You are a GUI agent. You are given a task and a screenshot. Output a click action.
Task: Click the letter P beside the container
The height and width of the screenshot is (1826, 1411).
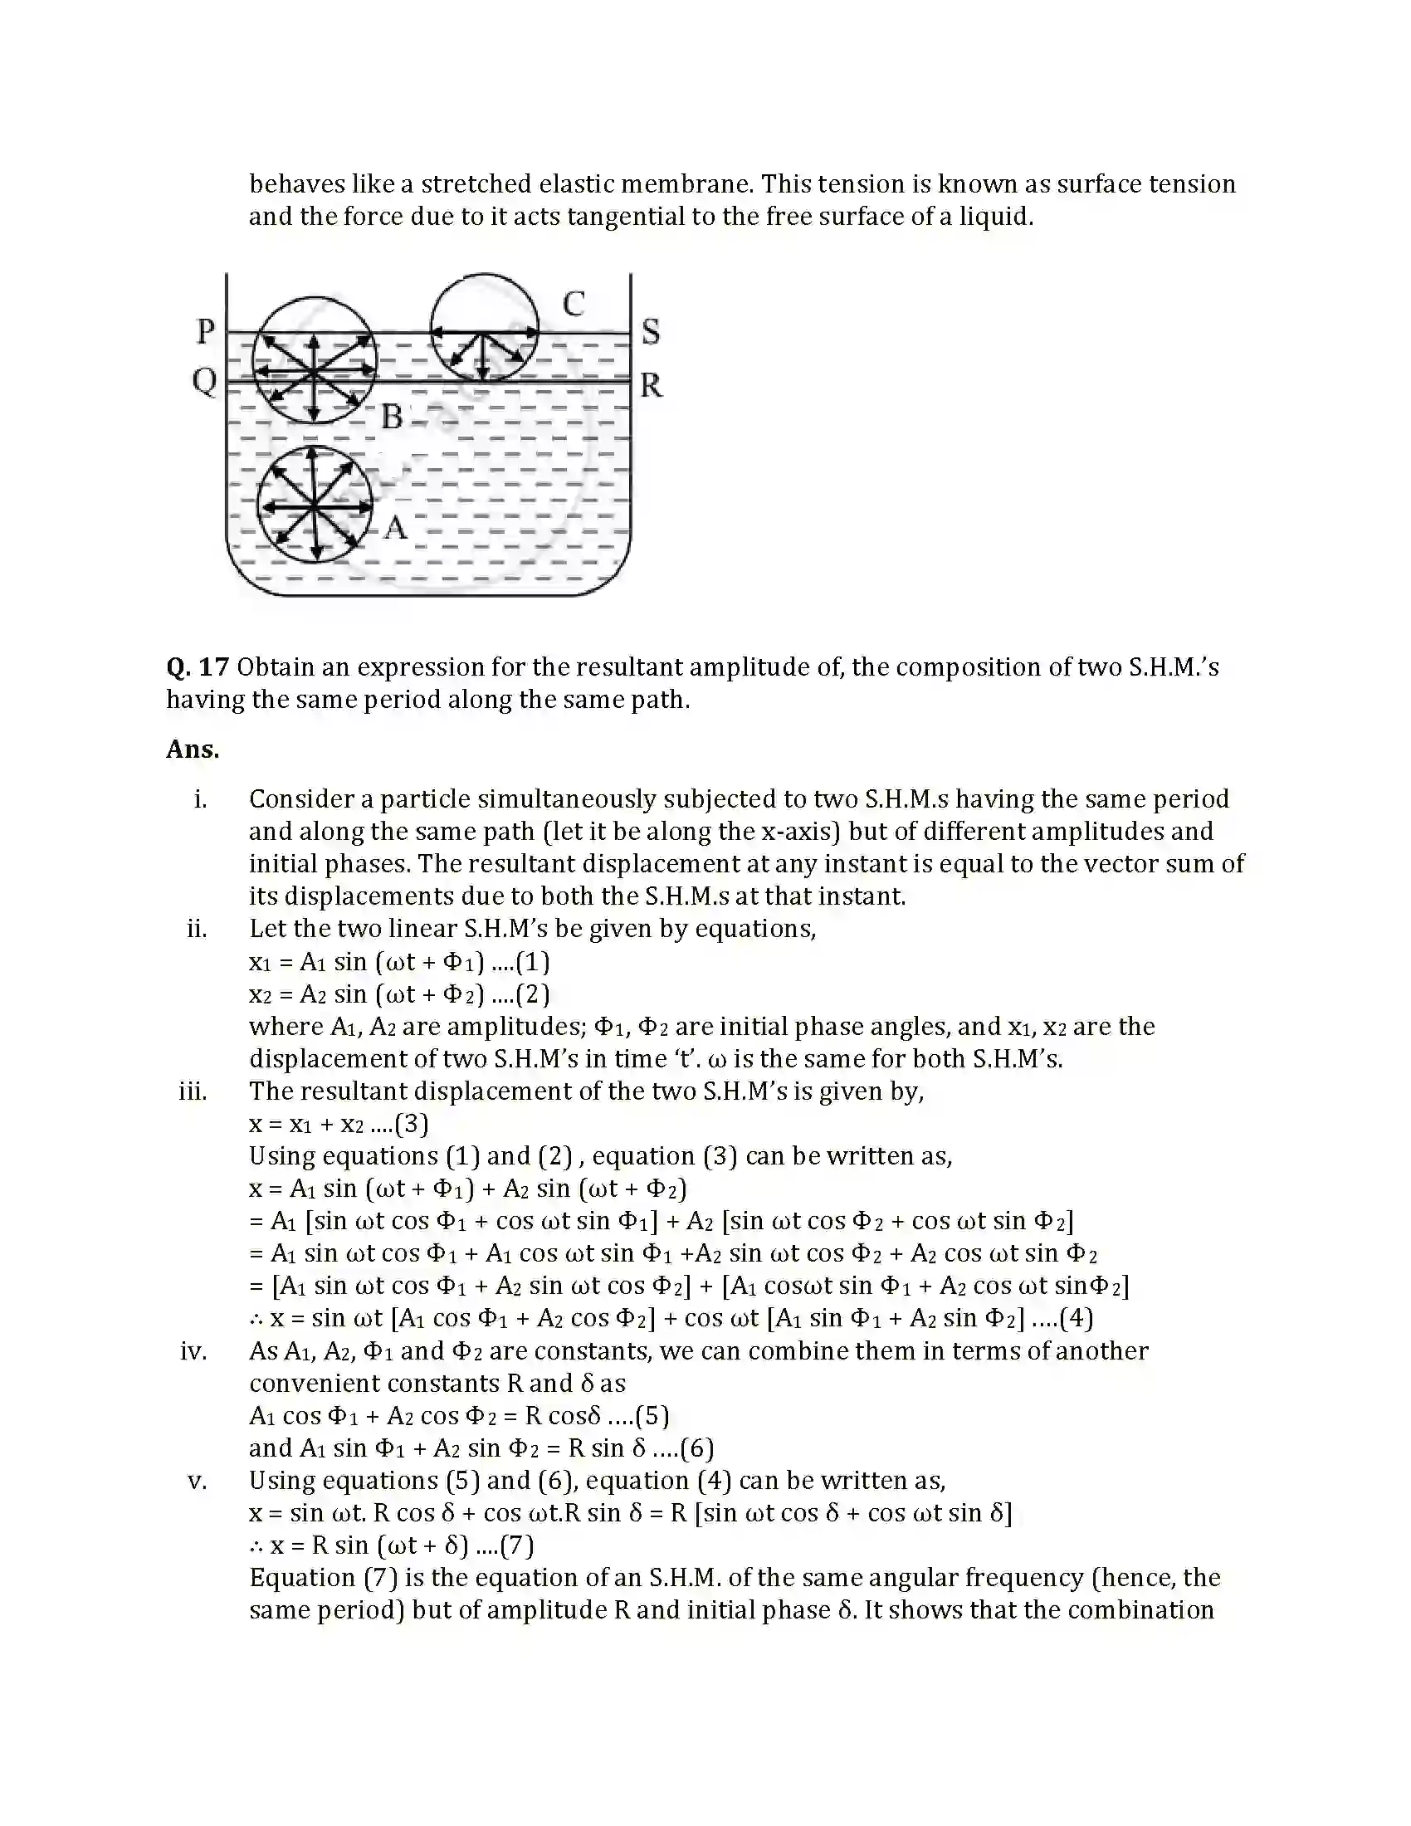click(206, 331)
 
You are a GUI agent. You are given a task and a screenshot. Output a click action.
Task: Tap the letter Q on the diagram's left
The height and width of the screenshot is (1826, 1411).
click(205, 382)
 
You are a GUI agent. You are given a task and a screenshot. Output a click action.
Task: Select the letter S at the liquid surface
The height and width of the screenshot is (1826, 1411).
click(651, 332)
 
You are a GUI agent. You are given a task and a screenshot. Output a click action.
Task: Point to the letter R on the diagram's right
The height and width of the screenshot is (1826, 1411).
click(652, 385)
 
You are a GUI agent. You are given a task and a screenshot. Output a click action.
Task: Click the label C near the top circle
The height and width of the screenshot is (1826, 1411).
click(573, 304)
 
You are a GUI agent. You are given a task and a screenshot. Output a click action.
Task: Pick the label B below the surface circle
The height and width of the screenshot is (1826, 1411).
click(391, 417)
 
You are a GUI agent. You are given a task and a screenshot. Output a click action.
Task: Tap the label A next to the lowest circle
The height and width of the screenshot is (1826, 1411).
click(395, 528)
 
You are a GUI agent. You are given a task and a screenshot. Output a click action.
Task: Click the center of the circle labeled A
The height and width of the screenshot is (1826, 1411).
click(315, 505)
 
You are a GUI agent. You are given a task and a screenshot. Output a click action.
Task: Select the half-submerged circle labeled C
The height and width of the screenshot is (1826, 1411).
click(484, 327)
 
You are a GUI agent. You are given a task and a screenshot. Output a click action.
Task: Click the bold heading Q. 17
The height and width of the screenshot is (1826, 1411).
click(198, 667)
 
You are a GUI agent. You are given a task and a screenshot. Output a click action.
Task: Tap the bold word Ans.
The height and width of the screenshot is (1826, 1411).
click(193, 749)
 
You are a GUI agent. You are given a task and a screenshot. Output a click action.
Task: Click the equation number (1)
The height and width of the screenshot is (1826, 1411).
click(533, 961)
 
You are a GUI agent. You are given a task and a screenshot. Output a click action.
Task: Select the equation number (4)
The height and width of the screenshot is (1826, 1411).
click(1076, 1319)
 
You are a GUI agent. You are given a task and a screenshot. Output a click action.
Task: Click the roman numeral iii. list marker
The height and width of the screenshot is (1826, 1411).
click(193, 1091)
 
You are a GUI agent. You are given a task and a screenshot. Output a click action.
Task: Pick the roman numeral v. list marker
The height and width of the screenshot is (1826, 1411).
click(197, 1481)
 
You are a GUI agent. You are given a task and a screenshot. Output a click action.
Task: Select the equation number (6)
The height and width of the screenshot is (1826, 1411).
click(696, 1448)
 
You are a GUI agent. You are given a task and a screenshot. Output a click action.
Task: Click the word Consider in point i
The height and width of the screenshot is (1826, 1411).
click(302, 799)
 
